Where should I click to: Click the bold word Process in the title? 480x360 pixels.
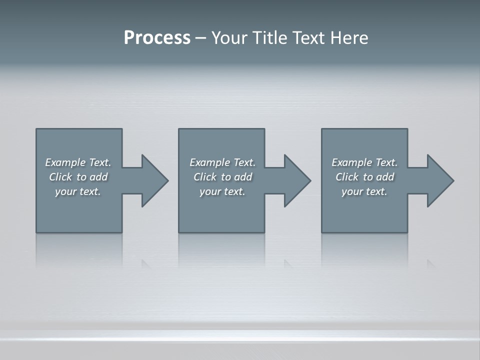coord(157,38)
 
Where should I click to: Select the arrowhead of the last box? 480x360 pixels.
coord(439,180)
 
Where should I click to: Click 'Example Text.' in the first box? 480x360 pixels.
coord(78,162)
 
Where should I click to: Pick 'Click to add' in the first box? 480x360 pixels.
coord(78,177)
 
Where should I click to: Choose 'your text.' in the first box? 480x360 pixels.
coord(78,191)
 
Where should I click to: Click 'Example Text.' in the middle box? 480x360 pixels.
coord(222,162)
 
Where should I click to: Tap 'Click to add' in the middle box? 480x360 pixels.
coord(222,177)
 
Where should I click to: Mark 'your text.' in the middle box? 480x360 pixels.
coord(222,191)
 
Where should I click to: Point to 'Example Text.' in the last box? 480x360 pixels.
coord(364,162)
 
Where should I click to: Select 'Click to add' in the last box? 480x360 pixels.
coord(364,177)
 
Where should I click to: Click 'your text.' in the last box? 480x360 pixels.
coord(364,191)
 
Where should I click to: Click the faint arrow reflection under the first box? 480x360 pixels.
coord(145,263)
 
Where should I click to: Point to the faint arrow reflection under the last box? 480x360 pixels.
coord(430,263)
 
